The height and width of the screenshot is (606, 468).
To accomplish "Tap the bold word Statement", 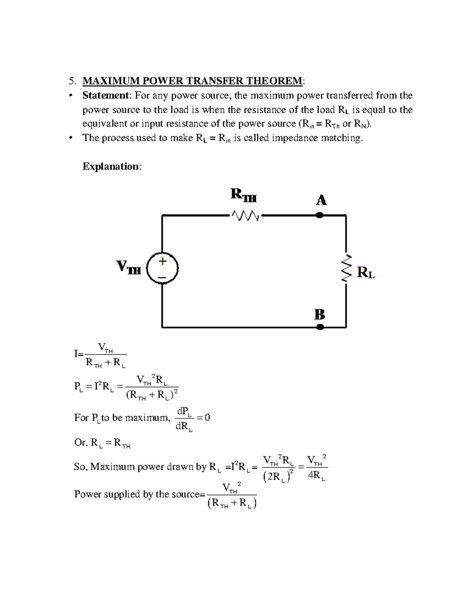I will [x=105, y=96].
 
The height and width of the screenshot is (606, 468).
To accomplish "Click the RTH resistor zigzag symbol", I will [x=245, y=215].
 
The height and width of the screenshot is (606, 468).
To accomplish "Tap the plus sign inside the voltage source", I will [x=162, y=261].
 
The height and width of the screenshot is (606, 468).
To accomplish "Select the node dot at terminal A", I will [x=319, y=215].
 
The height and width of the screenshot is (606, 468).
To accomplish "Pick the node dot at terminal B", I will [x=320, y=327].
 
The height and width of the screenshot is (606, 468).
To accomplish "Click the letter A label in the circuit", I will [x=321, y=201].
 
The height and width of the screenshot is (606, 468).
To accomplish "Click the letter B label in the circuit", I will [x=320, y=314].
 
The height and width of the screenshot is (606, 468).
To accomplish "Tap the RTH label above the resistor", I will [x=243, y=194].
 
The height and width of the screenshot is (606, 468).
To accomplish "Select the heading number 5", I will [x=71, y=81].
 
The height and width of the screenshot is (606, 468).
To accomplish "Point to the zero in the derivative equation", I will [x=207, y=418].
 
